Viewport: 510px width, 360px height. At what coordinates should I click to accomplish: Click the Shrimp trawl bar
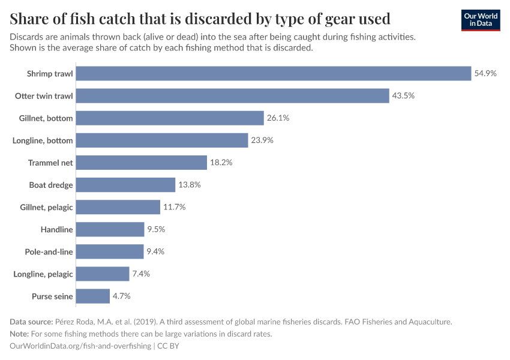tap(274, 73)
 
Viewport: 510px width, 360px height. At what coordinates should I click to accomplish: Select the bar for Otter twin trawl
tap(233, 96)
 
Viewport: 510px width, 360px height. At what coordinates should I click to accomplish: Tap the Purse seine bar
tap(93, 296)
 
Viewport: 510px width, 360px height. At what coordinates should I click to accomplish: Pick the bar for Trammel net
tap(142, 163)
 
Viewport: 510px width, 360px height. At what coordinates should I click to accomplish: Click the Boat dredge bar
tap(126, 185)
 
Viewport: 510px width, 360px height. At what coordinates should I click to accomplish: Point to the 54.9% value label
tap(485, 73)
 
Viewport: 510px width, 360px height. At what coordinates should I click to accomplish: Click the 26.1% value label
tap(278, 118)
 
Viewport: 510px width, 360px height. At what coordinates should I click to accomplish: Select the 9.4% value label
tap(155, 251)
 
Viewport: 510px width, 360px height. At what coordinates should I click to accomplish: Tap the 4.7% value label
tap(121, 296)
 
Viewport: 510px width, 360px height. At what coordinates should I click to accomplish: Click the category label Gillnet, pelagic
tap(46, 207)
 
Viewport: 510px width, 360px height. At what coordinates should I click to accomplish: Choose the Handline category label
tap(56, 229)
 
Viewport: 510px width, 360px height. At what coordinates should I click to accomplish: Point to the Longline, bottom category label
tap(43, 140)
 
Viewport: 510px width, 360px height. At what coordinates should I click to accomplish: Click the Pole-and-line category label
tap(49, 251)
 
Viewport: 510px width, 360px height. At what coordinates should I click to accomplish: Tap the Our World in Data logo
tap(480, 19)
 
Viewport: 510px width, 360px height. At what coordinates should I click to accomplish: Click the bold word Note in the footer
tap(20, 334)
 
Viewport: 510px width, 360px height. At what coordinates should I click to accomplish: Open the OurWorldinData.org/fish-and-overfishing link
tap(80, 346)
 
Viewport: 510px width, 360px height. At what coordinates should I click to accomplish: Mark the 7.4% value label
tap(141, 274)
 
